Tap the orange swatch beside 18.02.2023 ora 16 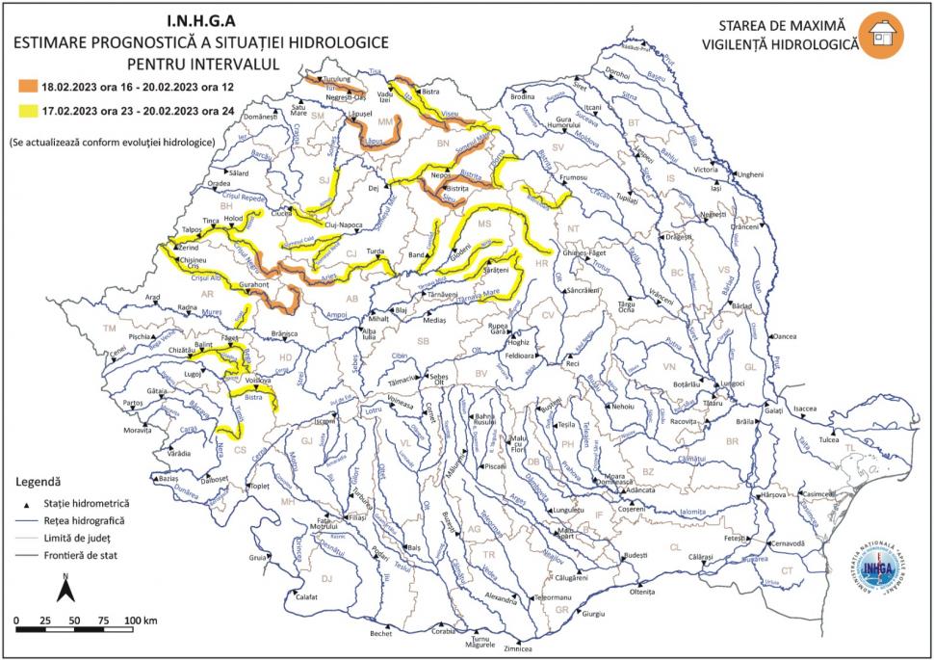coord(24,86)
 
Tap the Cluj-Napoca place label coord(338,224)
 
